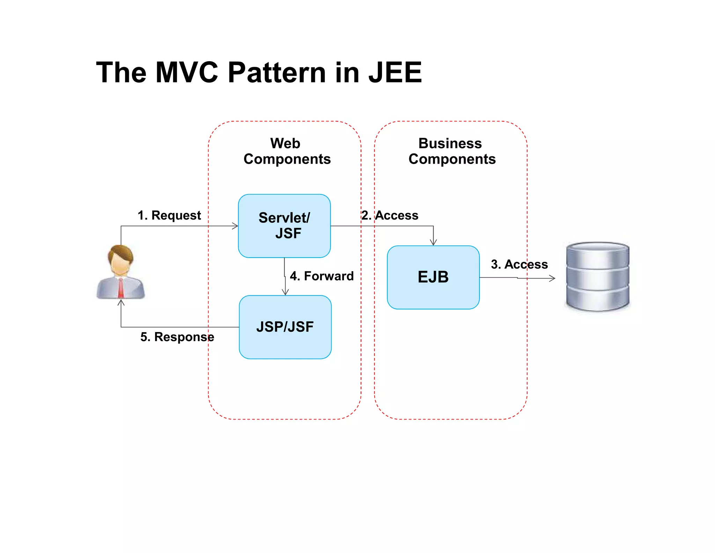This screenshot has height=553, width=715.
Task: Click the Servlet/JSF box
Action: click(x=284, y=226)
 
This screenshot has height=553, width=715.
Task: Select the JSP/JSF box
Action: click(x=285, y=327)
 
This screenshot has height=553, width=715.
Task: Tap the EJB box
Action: click(x=433, y=277)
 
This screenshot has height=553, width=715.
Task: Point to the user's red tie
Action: click(x=121, y=288)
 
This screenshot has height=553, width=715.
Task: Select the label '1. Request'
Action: click(x=169, y=215)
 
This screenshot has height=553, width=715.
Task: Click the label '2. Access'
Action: click(x=390, y=215)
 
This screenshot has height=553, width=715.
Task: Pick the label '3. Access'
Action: click(x=519, y=264)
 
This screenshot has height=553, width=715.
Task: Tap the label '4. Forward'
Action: click(x=322, y=276)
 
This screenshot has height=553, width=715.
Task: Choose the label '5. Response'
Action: click(x=177, y=337)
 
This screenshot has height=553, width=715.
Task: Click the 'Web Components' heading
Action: click(x=287, y=151)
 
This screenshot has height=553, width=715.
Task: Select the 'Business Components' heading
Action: click(x=452, y=151)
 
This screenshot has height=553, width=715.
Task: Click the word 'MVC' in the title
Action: click(x=187, y=72)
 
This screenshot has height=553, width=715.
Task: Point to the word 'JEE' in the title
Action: click(x=395, y=72)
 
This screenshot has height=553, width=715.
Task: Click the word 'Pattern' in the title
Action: click(x=277, y=72)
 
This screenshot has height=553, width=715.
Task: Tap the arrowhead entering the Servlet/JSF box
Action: click(x=236, y=226)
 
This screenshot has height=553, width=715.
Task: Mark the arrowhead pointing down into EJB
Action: click(x=433, y=243)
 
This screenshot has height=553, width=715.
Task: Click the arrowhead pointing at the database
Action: click(x=553, y=278)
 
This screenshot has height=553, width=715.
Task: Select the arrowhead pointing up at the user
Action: click(x=121, y=302)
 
